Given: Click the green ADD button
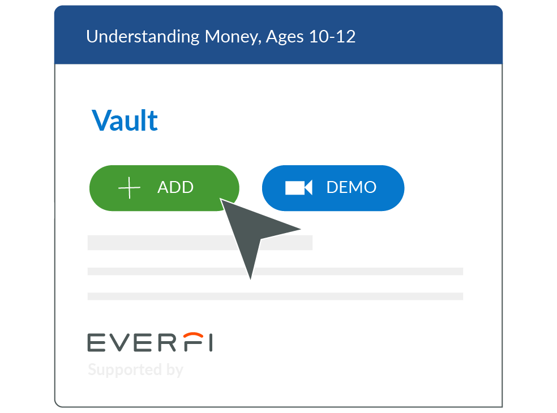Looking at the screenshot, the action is click(x=164, y=188).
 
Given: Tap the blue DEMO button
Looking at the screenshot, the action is click(x=333, y=188).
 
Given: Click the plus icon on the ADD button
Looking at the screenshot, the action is click(x=129, y=187).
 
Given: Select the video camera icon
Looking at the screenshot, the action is click(x=299, y=187).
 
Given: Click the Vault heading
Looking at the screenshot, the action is click(x=125, y=121).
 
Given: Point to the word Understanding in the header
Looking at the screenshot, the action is click(x=143, y=37).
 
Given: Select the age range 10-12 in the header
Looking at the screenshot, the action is click(x=332, y=37).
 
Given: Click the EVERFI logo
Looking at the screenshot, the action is click(x=150, y=342).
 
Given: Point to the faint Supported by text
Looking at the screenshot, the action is click(x=135, y=370).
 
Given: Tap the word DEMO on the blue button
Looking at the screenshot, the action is click(x=352, y=187).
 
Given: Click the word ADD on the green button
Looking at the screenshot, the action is click(x=175, y=187).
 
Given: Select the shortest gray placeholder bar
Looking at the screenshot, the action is click(x=200, y=243).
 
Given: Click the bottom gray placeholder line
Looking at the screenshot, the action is click(x=275, y=296).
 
